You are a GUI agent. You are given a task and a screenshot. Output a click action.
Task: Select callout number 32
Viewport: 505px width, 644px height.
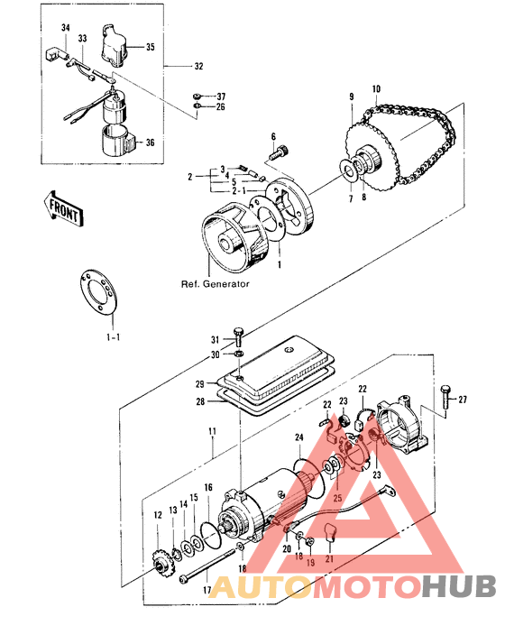pyautogui.click(x=197, y=67)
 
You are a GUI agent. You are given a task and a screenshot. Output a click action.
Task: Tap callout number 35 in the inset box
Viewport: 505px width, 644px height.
pyautogui.click(x=150, y=46)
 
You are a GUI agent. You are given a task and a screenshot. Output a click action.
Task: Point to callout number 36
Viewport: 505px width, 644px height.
pyautogui.click(x=150, y=142)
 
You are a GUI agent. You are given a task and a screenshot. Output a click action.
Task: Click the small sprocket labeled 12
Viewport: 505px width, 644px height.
pyautogui.click(x=162, y=566)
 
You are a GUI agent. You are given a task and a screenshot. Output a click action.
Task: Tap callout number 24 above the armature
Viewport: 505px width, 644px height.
pyautogui.click(x=298, y=438)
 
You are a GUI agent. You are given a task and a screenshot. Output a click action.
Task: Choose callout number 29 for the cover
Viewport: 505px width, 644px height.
pyautogui.click(x=199, y=383)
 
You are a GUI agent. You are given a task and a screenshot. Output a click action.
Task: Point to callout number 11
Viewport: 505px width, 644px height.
pyautogui.click(x=212, y=432)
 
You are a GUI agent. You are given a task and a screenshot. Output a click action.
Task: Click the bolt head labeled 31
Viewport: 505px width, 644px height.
pyautogui.click(x=238, y=337)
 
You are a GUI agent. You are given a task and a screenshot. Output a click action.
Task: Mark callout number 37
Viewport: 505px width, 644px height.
pyautogui.click(x=221, y=96)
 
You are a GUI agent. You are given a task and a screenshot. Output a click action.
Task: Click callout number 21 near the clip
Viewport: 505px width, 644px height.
pyautogui.click(x=330, y=559)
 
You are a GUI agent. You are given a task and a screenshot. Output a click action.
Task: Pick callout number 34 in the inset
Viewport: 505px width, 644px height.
pyautogui.click(x=65, y=29)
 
